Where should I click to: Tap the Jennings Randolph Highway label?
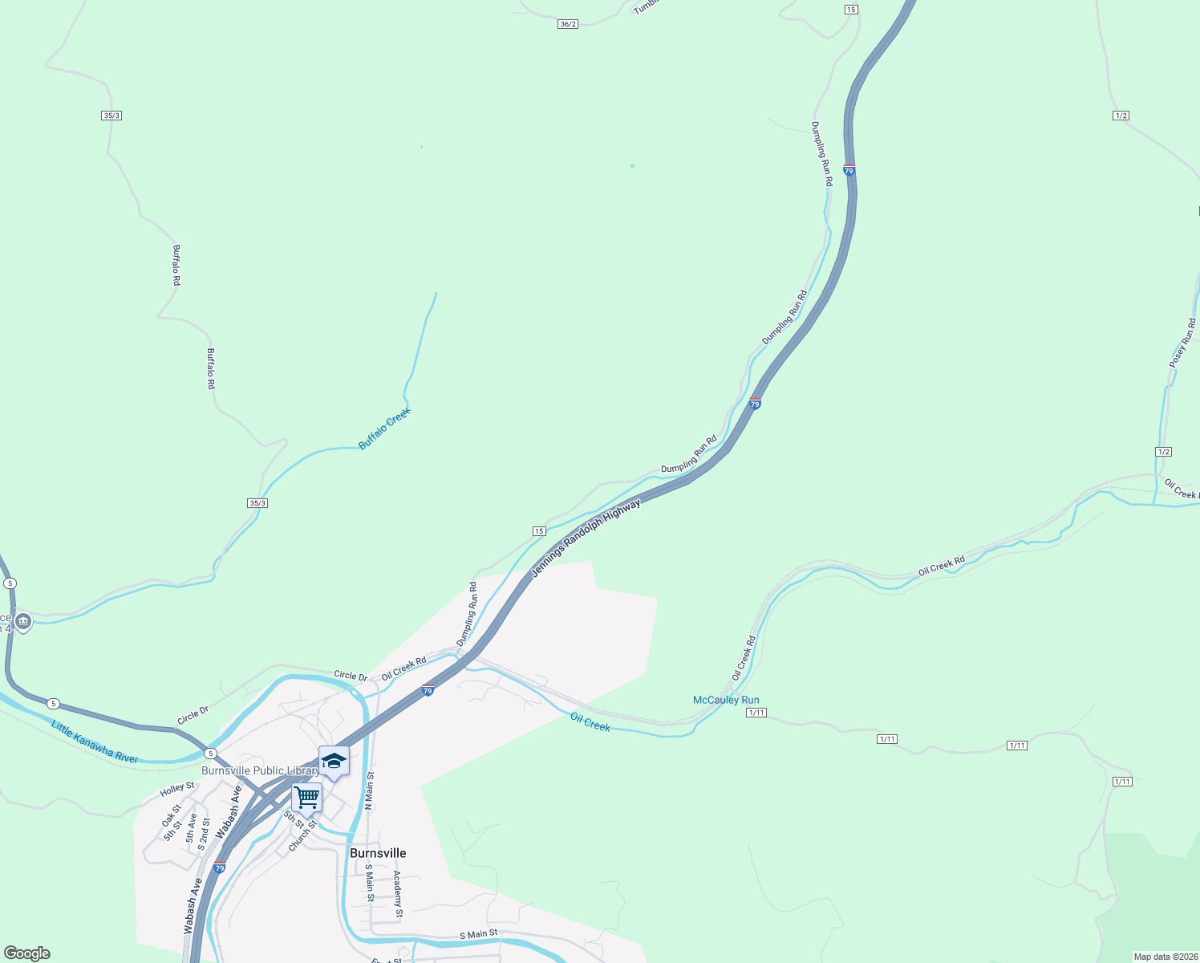click(586, 538)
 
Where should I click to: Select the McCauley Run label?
click(726, 700)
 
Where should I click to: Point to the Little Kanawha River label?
click(95, 742)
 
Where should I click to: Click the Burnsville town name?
click(378, 853)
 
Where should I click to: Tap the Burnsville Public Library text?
click(260, 770)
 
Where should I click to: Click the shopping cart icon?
click(306, 798)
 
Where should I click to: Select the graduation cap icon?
click(334, 761)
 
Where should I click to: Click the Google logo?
click(27, 953)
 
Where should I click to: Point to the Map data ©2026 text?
click(1165, 957)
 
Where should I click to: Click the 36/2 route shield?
click(568, 24)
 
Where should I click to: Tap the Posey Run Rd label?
click(1182, 343)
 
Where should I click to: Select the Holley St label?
click(177, 789)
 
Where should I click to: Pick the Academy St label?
click(398, 894)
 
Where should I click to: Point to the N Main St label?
click(370, 790)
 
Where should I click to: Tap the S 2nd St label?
click(204, 835)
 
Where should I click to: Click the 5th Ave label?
click(191, 828)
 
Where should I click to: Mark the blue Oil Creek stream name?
click(590, 722)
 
